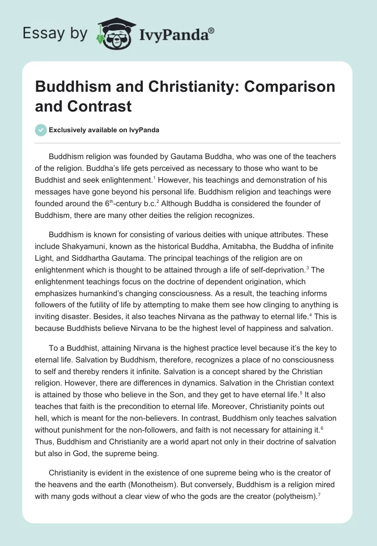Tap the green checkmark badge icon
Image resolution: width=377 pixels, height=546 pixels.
coord(41,130)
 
